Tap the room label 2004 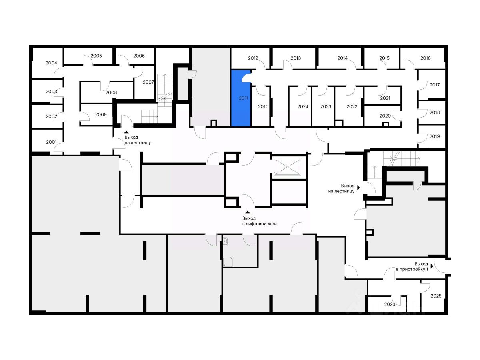click(51, 63)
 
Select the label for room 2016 click(426, 58)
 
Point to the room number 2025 click(436, 296)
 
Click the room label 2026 click(390, 304)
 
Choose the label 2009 click(101, 114)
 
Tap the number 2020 click(385, 116)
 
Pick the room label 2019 click(434, 136)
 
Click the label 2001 click(51, 142)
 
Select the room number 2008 click(111, 92)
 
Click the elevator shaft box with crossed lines click(287, 167)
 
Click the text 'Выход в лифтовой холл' click(260, 221)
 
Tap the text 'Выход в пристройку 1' click(412, 267)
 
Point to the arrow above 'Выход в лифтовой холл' click(248, 212)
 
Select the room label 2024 click(303, 106)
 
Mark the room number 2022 click(352, 106)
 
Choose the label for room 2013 click(296, 58)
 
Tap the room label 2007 click(148, 82)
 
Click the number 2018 click(434, 112)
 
